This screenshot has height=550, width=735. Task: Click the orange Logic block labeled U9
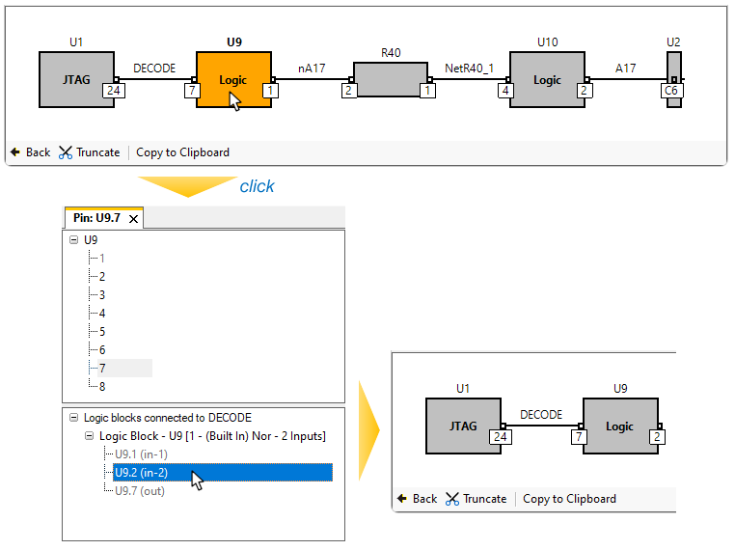pyautogui.click(x=232, y=79)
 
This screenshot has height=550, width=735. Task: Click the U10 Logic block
pyautogui.click(x=546, y=79)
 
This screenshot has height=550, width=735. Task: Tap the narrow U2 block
pyautogui.click(x=674, y=68)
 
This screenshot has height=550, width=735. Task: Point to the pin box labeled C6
pyautogui.click(x=672, y=91)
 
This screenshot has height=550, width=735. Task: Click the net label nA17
pyautogui.click(x=311, y=68)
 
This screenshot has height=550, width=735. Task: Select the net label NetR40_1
pyautogui.click(x=469, y=68)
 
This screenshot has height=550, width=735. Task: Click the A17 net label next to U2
pyautogui.click(x=626, y=68)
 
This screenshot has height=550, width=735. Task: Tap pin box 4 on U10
pyautogui.click(x=505, y=91)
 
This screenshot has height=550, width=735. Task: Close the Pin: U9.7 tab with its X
pyautogui.click(x=134, y=219)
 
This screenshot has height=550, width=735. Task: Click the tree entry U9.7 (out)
pyautogui.click(x=139, y=491)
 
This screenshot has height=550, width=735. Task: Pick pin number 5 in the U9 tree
pyautogui.click(x=102, y=331)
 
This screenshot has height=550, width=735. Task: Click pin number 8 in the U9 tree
pyautogui.click(x=102, y=386)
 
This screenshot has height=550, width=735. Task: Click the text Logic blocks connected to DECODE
pyautogui.click(x=167, y=418)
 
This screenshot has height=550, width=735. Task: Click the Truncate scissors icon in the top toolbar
pyautogui.click(x=66, y=152)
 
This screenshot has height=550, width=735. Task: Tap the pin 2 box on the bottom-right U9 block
pyautogui.click(x=657, y=437)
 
